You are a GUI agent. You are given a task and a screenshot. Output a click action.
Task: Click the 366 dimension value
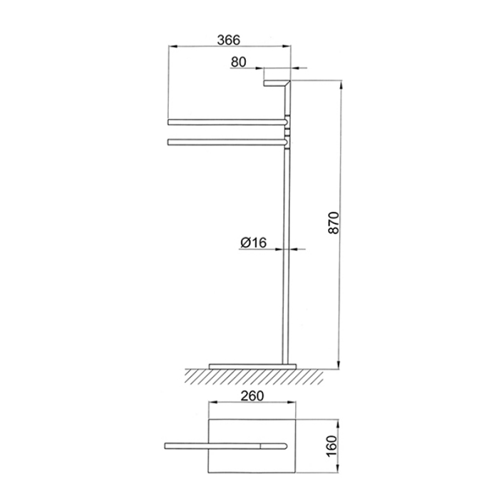(229, 41)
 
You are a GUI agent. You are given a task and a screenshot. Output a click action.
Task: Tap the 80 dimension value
(239, 62)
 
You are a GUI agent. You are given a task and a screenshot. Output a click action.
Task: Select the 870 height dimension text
(334, 222)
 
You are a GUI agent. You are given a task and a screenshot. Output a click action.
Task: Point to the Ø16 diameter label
(253, 243)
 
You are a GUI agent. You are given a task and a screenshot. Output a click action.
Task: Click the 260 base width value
(252, 396)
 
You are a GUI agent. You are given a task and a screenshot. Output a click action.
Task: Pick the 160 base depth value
(331, 447)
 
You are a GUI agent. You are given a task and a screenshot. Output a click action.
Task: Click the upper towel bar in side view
(227, 122)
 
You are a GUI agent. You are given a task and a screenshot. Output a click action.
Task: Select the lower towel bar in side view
(227, 142)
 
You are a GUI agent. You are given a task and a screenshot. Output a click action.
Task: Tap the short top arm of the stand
(277, 83)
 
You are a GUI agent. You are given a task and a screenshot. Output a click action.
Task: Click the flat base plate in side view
(252, 366)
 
